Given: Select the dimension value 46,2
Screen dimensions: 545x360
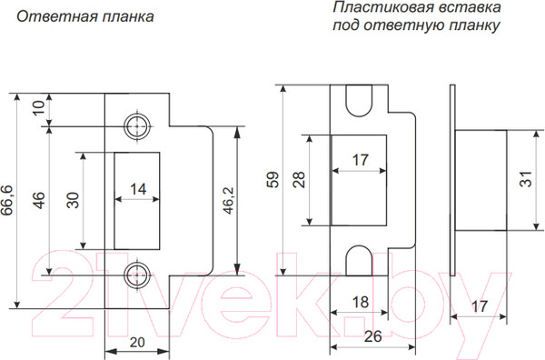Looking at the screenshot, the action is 253,198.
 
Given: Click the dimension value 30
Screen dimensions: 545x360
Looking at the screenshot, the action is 73,200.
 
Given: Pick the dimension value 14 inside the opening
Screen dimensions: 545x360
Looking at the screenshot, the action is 138,189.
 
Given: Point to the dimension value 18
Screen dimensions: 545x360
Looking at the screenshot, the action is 359,303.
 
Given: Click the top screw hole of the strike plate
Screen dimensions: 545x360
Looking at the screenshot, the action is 138,125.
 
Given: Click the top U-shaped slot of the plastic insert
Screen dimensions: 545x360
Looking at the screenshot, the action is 359,106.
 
